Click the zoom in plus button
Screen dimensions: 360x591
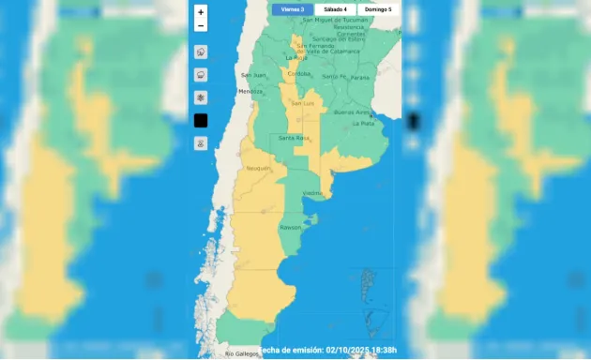(201, 12)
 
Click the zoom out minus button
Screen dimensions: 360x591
(201, 25)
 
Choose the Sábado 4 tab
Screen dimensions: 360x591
(334, 9)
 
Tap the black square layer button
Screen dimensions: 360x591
(201, 120)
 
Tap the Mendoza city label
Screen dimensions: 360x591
(250, 91)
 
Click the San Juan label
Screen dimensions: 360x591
(253, 75)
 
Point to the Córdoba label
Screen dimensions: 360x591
(298, 73)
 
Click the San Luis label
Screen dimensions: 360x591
(302, 103)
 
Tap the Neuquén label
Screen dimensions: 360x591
(259, 169)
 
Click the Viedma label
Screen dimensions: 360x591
(313, 193)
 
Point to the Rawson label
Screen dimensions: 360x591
(290, 227)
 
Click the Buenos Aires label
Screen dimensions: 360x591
(350, 112)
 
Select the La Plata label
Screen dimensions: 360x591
(363, 123)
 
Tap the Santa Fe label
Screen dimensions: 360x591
(334, 76)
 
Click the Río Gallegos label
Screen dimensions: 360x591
(241, 353)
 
